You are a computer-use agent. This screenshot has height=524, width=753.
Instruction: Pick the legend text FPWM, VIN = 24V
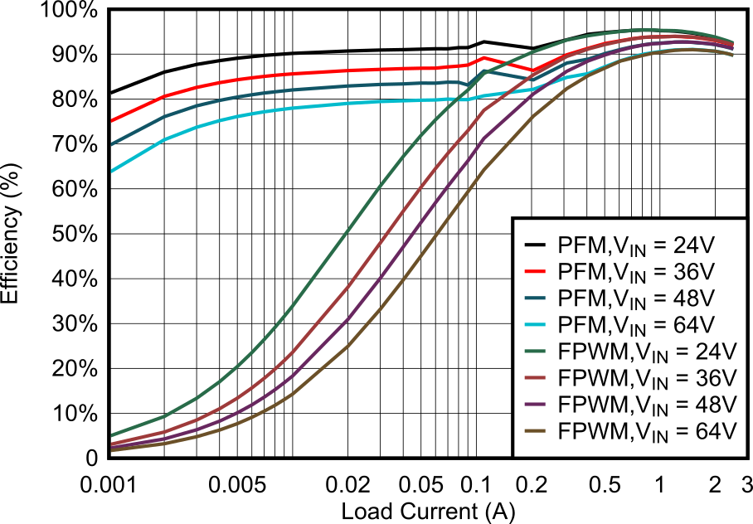pos(647,352)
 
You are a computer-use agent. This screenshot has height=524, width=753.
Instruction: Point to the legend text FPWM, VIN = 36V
pos(647,378)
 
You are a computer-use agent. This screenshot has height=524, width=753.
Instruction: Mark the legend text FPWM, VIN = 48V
pos(647,405)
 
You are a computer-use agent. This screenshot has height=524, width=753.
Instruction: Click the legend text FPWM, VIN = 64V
pos(647,431)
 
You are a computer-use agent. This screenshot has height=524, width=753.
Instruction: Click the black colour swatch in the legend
pos(535,245)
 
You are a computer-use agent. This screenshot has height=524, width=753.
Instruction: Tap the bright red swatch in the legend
pos(535,272)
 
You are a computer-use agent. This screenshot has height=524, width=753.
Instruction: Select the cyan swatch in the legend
pos(535,325)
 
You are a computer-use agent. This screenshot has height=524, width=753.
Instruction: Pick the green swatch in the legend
pos(535,352)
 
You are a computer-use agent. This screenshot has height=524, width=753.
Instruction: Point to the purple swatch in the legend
pos(535,405)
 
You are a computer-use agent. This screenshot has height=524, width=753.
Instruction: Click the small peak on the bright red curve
pos(483,58)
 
